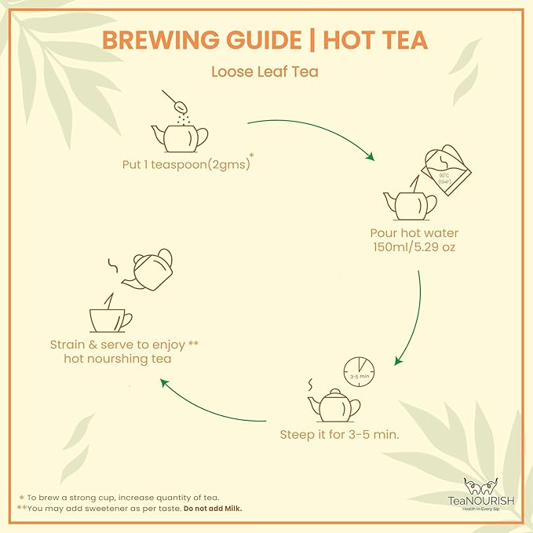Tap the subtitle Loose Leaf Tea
tap(265, 71)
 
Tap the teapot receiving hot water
tap(409, 205)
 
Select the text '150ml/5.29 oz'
tap(414, 248)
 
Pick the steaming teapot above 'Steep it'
tap(333, 404)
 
